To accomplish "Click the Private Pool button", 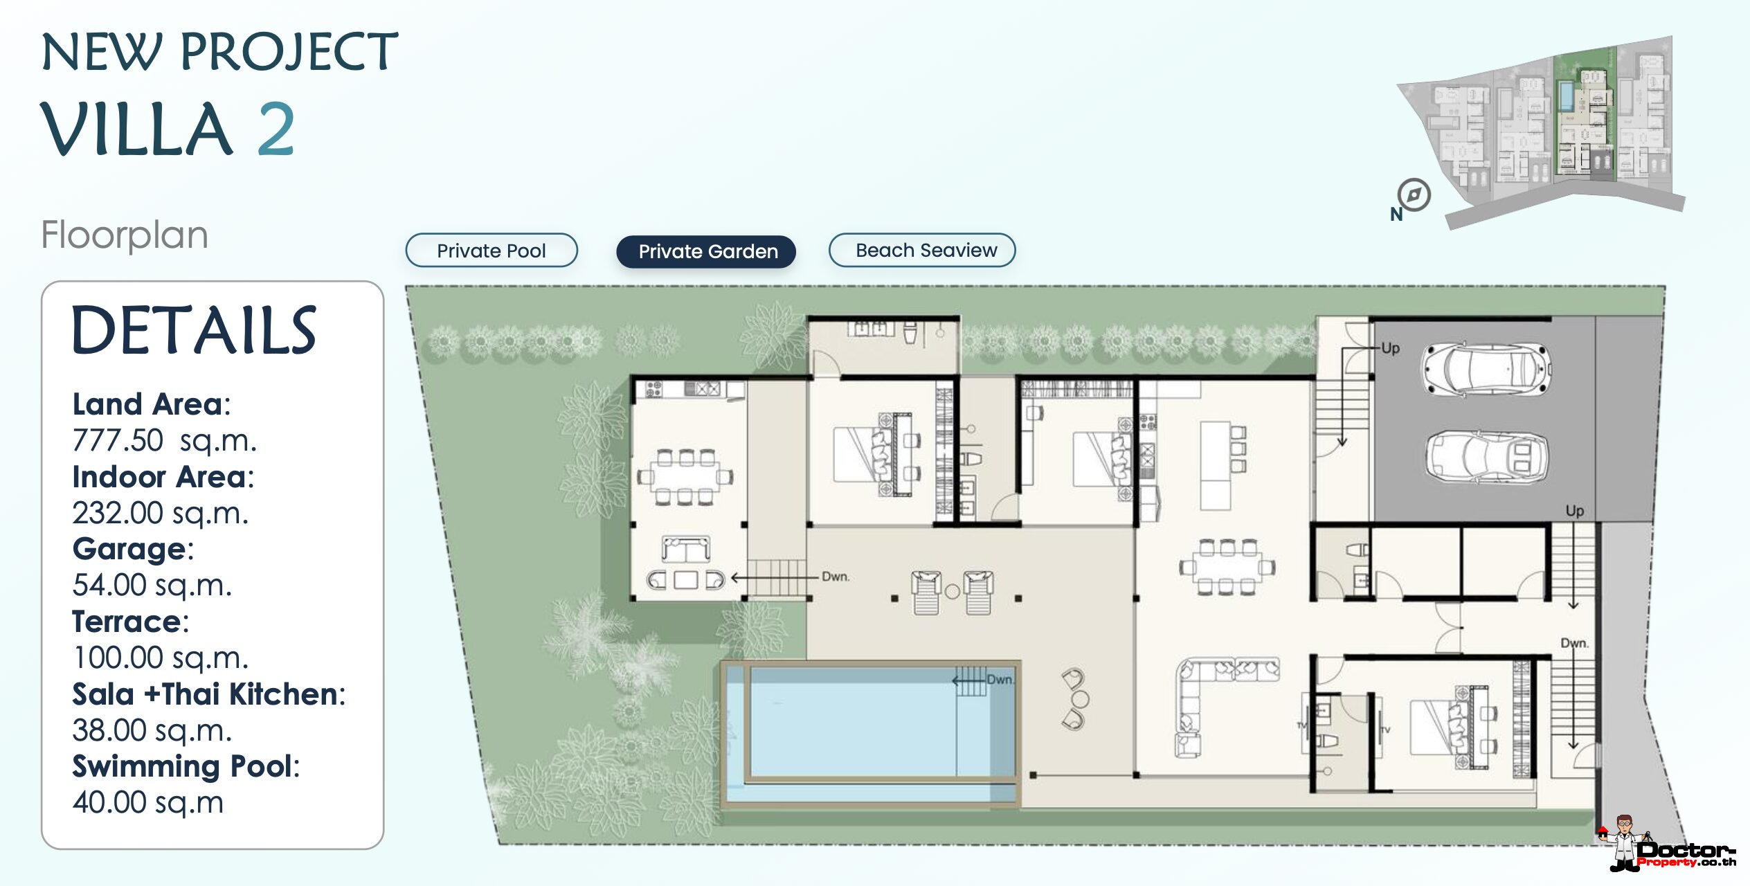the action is coord(491,251).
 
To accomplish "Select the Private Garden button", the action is coord(706,251).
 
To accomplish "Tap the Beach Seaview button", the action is coord(922,250).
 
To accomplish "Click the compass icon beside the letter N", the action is coord(1414,195).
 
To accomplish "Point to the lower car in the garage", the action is coord(1486,456).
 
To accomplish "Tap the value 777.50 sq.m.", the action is coord(165,440).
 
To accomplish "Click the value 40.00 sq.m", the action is coord(148,802).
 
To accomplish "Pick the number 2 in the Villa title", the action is coord(276,129).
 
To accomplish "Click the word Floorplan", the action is coord(125,235).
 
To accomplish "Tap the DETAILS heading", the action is coord(194,331).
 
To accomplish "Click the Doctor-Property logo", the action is coord(1668,845).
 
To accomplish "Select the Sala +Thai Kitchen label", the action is coord(208,694).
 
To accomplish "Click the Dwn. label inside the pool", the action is coord(1000,680).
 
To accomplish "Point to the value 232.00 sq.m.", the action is coord(161,513).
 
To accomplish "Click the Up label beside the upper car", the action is coord(1390,348).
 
